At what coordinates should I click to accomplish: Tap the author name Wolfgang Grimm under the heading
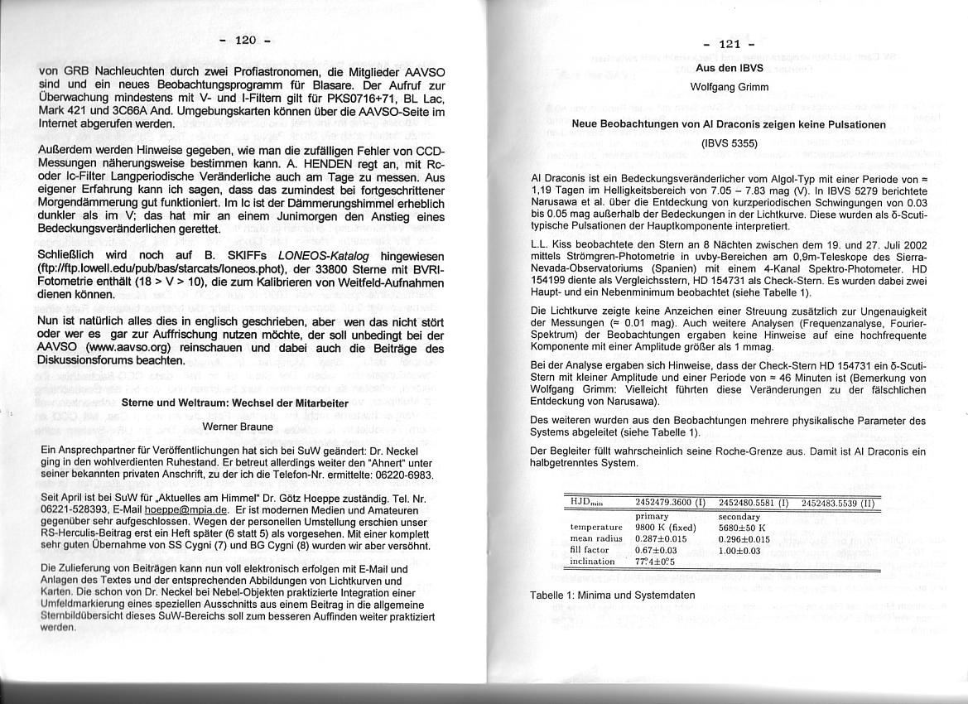point(729,87)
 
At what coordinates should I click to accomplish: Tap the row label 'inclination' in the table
point(592,562)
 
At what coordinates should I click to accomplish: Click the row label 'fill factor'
point(590,549)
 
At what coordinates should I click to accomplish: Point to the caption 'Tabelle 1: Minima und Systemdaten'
point(612,595)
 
